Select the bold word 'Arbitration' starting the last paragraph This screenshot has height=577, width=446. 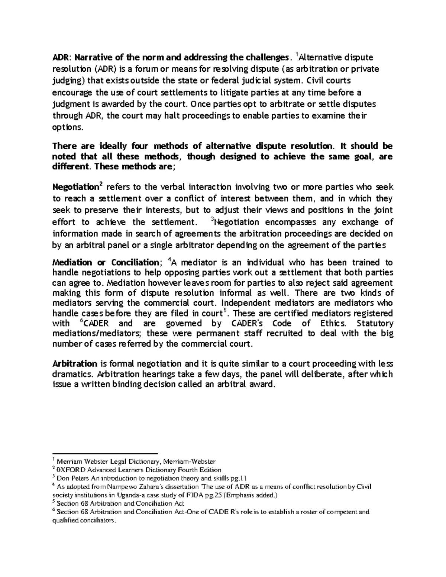tap(75, 363)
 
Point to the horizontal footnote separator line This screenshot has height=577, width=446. tap(105, 454)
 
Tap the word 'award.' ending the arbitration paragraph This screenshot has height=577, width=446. tap(266, 385)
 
